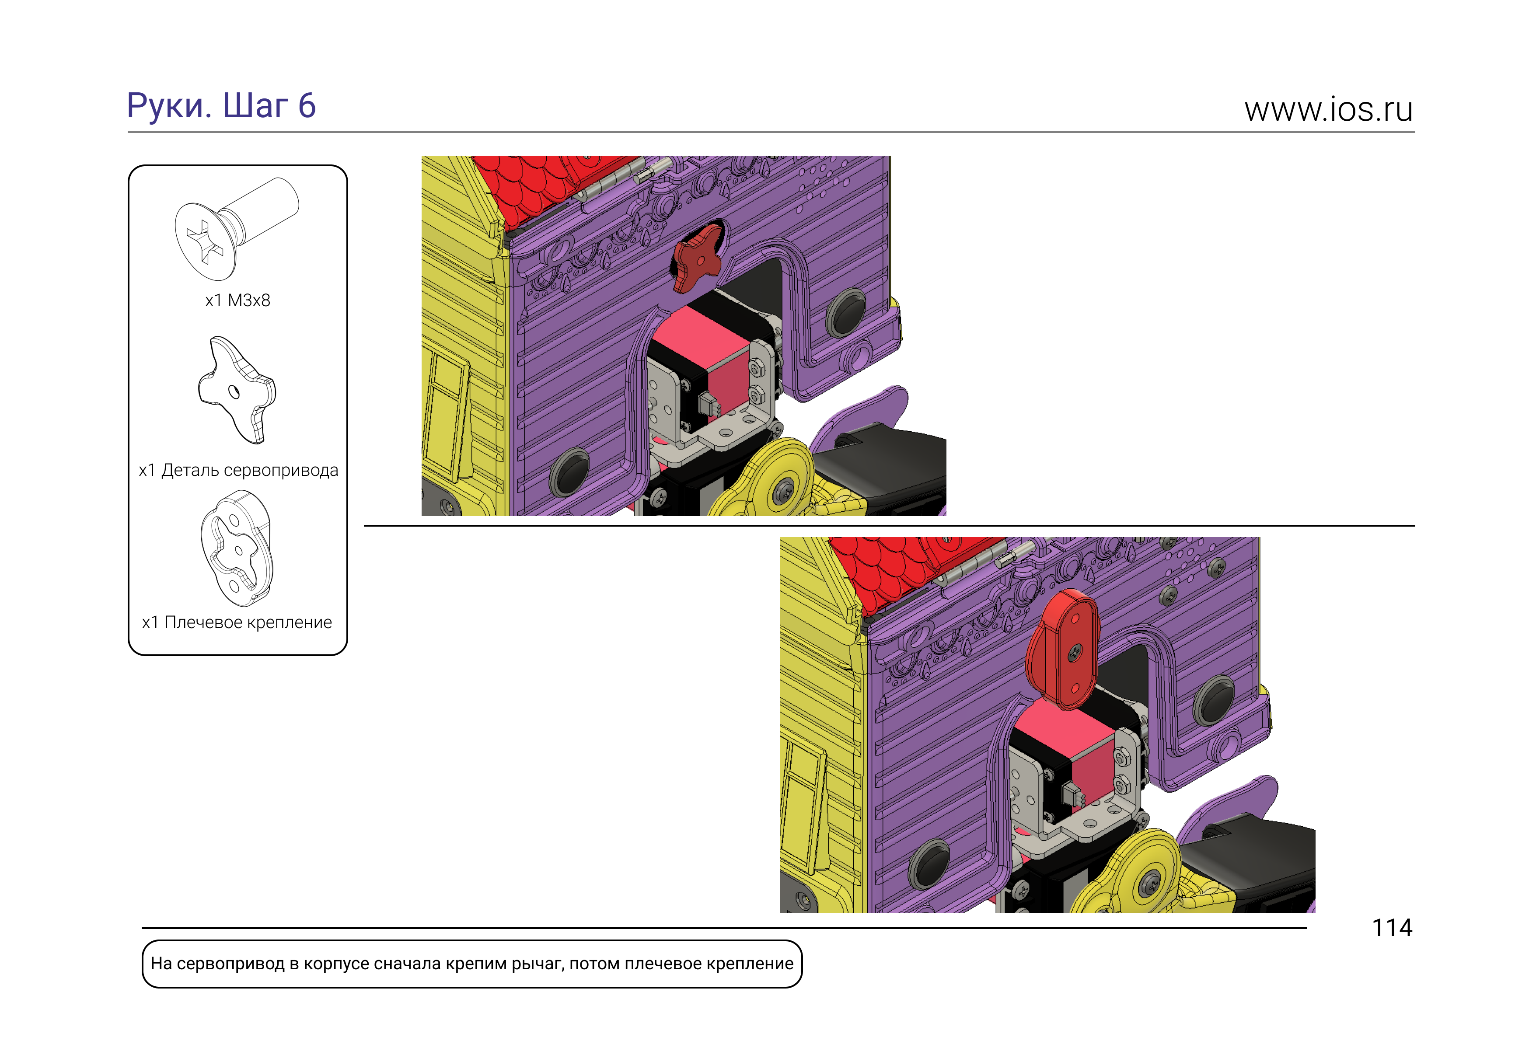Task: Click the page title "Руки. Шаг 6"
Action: click(x=221, y=106)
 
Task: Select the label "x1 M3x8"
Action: click(x=237, y=301)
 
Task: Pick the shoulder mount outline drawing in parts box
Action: click(x=237, y=548)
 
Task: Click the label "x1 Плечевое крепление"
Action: click(x=237, y=622)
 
